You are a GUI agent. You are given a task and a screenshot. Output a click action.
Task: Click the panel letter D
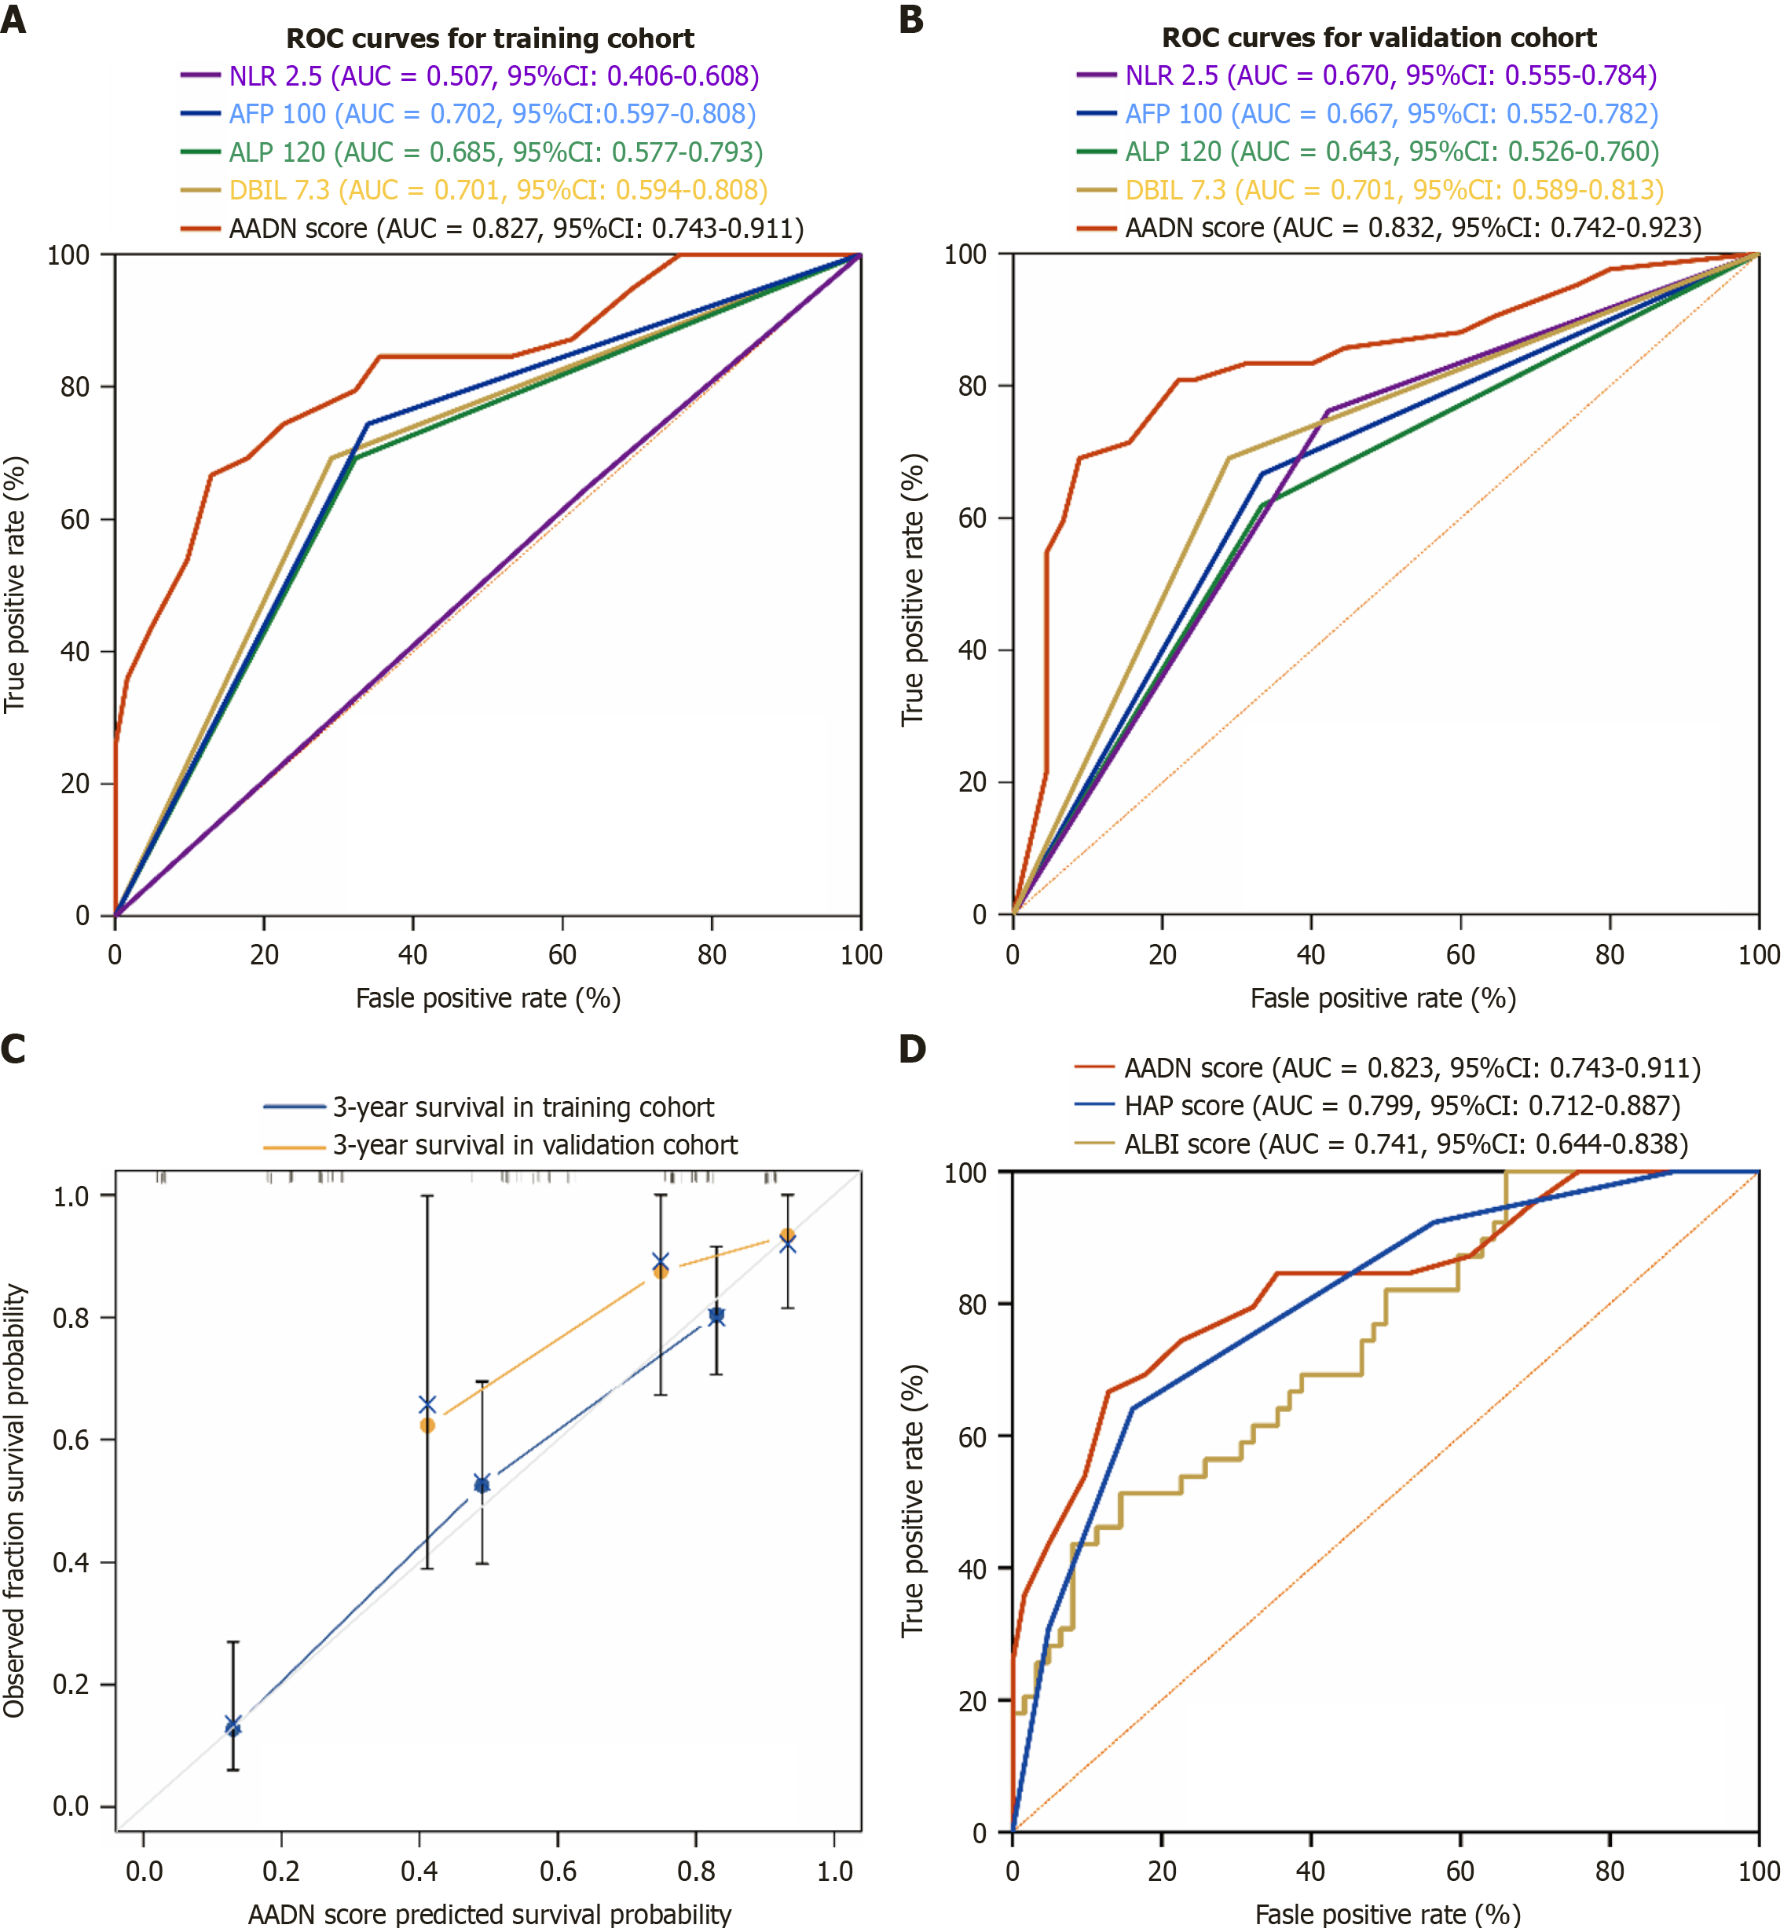point(912,1049)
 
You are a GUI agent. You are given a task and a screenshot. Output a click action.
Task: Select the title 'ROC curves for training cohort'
point(489,38)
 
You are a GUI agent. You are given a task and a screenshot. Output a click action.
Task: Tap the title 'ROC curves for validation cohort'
point(1378,38)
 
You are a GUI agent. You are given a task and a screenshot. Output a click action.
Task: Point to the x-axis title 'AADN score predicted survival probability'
point(489,1915)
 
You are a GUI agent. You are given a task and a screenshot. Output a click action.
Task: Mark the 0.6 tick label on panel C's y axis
point(71,1440)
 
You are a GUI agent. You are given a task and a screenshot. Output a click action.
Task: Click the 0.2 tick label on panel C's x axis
point(281,1870)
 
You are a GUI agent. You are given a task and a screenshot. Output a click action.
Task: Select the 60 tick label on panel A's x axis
point(562,955)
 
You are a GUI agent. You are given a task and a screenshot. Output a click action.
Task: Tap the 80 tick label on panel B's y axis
point(972,386)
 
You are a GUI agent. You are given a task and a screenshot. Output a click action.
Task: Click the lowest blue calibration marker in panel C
point(233,1725)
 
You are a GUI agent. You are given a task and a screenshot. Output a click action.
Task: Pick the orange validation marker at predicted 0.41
point(427,1425)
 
